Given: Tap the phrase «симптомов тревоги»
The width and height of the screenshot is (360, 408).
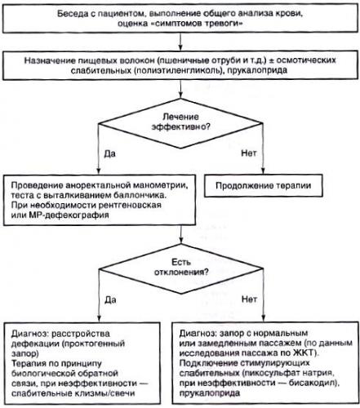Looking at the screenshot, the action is coord(197,24).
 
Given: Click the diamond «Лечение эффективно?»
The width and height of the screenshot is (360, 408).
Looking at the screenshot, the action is coord(180,123).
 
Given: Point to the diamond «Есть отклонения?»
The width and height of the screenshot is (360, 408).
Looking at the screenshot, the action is coord(181,268).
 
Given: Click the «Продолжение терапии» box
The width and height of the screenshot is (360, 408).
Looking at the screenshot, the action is coord(264,185).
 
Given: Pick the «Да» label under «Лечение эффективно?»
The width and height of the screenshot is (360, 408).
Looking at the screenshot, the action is coord(109,154).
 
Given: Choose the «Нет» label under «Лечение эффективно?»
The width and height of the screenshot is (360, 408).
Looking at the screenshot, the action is coord(249,153).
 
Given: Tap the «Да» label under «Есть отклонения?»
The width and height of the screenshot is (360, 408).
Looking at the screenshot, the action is coord(110,299).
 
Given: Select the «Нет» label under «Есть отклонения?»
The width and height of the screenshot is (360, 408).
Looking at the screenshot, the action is coord(249,299).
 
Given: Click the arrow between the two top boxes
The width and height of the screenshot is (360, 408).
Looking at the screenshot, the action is coord(180,42).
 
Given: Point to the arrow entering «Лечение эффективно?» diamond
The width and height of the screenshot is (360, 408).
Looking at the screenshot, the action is coord(180,89).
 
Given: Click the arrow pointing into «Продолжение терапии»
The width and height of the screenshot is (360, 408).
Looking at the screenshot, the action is coord(263,149).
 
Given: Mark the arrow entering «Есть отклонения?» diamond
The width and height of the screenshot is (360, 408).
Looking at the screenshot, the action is coord(181,234).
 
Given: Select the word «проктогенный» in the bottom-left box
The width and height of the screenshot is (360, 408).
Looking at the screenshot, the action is coord(94,344).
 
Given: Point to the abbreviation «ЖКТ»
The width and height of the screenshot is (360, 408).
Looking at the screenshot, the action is coord(304,353).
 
